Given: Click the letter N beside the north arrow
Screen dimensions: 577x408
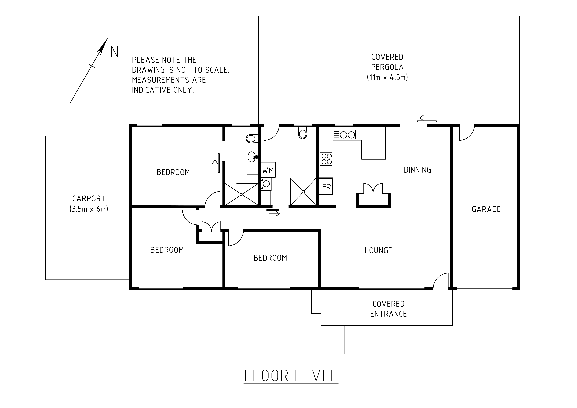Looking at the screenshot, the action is click(x=115, y=52).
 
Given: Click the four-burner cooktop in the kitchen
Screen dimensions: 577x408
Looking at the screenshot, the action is click(x=326, y=159).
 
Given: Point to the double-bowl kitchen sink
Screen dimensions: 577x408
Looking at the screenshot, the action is click(x=345, y=134).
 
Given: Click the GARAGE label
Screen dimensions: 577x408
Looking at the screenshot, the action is click(x=486, y=209).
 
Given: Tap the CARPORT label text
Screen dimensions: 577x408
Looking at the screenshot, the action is click(x=89, y=199).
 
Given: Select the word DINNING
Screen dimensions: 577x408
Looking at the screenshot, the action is click(x=417, y=170).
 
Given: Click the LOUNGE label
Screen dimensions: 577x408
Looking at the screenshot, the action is click(x=378, y=250).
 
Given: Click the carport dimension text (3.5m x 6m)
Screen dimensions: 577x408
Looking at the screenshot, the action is click(x=89, y=209).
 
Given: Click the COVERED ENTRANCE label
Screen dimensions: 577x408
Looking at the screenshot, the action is click(x=388, y=309).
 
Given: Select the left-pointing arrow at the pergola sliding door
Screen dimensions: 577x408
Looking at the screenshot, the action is click(x=425, y=118).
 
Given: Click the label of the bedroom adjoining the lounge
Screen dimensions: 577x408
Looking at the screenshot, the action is click(x=270, y=258).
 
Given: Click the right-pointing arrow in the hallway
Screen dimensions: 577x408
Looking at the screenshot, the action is click(x=274, y=214).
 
